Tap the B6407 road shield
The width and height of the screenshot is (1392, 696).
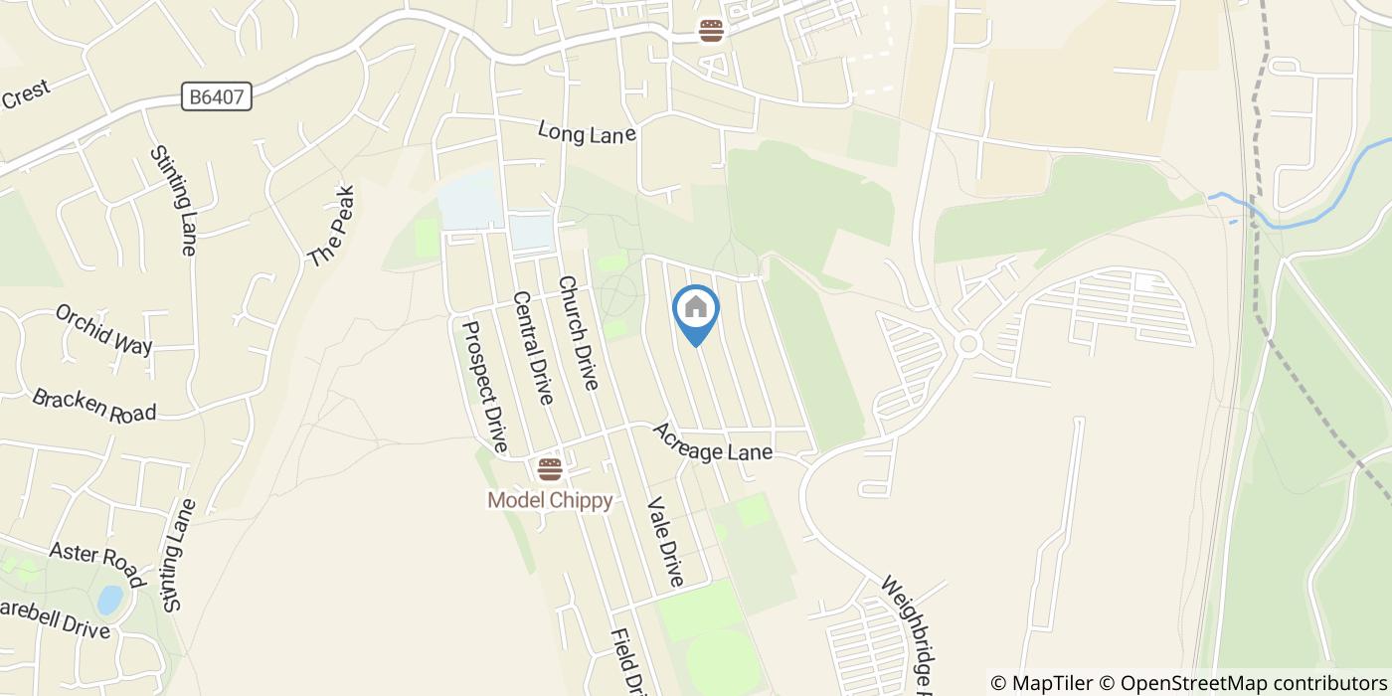coord(218,96)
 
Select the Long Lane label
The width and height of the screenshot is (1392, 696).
coord(587,132)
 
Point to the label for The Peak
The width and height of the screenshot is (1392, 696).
coord(331,226)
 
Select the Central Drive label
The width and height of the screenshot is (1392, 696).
coord(532,348)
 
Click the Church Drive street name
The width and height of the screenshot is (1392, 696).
coord(578,332)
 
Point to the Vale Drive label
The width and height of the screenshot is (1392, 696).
coord(665,541)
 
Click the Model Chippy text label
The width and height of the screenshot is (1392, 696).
coord(549,500)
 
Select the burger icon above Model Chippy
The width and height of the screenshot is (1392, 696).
coord(549,469)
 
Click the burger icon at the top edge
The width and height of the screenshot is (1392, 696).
coord(710,31)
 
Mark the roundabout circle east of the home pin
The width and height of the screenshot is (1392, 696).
coord(968,344)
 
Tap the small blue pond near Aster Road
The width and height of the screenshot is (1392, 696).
coord(109,600)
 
